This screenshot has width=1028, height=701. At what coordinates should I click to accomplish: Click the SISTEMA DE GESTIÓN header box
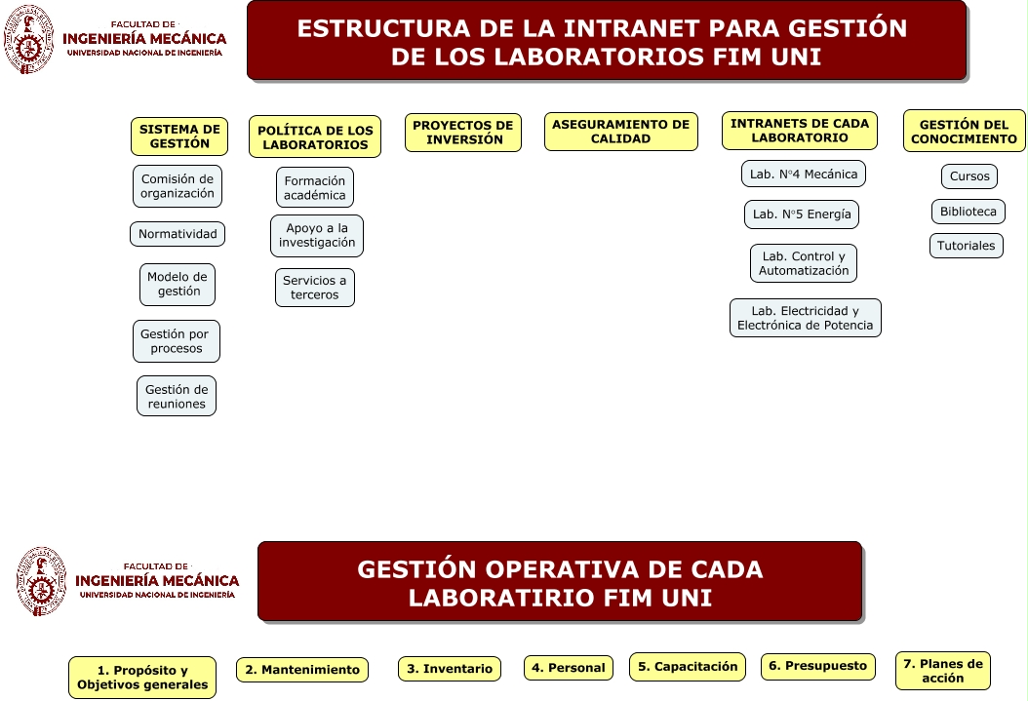[179, 136]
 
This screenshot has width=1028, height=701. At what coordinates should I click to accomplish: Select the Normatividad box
[178, 234]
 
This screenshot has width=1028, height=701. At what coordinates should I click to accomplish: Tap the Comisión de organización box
[178, 186]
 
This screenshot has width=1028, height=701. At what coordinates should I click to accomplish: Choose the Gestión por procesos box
[177, 341]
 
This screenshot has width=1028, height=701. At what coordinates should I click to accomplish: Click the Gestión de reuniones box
[177, 396]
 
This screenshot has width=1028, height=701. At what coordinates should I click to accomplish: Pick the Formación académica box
[315, 187]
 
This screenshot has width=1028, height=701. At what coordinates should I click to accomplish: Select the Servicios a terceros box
[315, 288]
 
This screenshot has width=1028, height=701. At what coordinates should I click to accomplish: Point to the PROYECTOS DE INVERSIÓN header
[463, 133]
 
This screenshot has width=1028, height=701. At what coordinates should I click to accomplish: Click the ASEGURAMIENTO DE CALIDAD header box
[621, 132]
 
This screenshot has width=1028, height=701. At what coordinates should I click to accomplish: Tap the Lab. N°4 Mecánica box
[804, 175]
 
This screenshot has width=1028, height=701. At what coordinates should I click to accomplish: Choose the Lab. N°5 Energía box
[803, 214]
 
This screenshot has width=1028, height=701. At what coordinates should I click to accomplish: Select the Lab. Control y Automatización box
[804, 263]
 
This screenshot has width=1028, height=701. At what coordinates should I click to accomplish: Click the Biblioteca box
[968, 212]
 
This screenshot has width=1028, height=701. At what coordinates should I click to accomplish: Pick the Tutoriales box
[967, 246]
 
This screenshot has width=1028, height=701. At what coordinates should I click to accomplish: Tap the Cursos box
[969, 176]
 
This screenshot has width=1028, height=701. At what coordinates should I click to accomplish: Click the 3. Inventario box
[450, 669]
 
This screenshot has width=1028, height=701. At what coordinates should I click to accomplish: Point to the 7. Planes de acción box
[943, 671]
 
